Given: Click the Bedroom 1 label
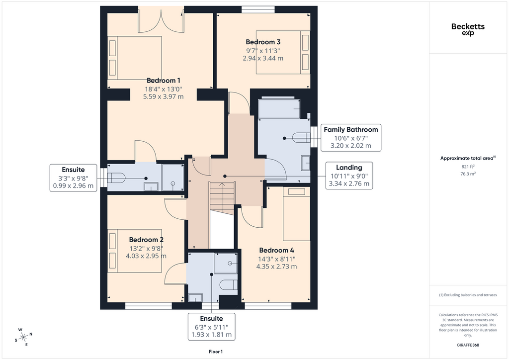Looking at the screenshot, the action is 163,81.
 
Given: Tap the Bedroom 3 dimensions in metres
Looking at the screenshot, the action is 263,59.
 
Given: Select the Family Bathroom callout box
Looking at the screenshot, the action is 351,138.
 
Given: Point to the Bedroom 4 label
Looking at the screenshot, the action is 276,250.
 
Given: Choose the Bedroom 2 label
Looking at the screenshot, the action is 146,240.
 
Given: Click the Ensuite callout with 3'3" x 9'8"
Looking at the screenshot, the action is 74,178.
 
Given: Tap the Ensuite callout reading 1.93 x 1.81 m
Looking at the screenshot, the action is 211,327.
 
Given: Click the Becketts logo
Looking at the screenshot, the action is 468,28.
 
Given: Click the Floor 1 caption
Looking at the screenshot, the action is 216,352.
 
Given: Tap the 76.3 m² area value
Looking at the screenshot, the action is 468,174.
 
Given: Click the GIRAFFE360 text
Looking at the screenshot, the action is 468,345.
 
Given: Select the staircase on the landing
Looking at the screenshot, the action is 222,198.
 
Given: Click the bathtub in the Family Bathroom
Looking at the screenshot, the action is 279,108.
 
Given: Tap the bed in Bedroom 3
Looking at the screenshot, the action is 283,52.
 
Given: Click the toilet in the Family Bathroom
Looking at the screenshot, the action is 301,137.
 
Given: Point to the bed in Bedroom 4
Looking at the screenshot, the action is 296,214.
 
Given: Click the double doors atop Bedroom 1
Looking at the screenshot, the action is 161,20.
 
